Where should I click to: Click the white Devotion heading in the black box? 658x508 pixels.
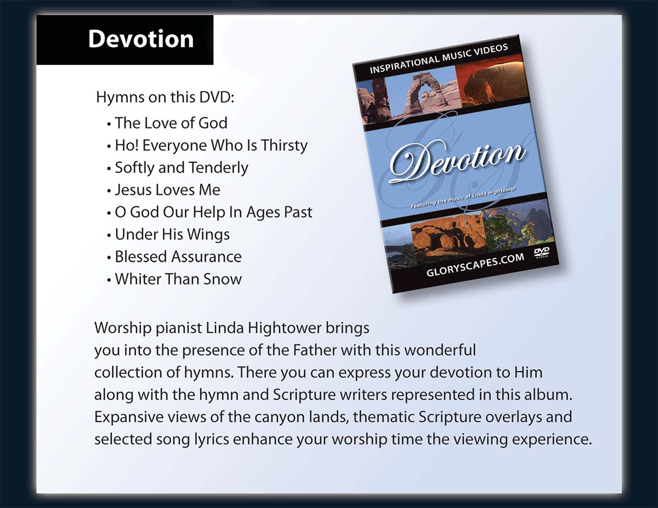tap(141, 39)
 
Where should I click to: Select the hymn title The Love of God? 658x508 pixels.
tap(171, 123)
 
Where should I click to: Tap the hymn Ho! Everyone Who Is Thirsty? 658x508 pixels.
tap(211, 146)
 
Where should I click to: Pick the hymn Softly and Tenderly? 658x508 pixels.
tap(181, 168)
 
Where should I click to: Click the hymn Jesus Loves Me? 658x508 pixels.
tap(168, 190)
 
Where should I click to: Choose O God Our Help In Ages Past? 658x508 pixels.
tap(213, 212)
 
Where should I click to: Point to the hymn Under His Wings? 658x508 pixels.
tap(172, 235)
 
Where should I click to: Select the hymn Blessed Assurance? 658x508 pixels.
tap(178, 257)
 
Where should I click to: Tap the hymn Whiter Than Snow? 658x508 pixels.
tap(178, 279)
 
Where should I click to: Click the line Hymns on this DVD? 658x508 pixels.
tap(165, 98)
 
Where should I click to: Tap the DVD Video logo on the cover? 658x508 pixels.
tap(541, 252)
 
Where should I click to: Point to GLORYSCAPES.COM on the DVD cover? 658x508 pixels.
tap(475, 265)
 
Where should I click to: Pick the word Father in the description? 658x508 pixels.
tap(315, 351)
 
